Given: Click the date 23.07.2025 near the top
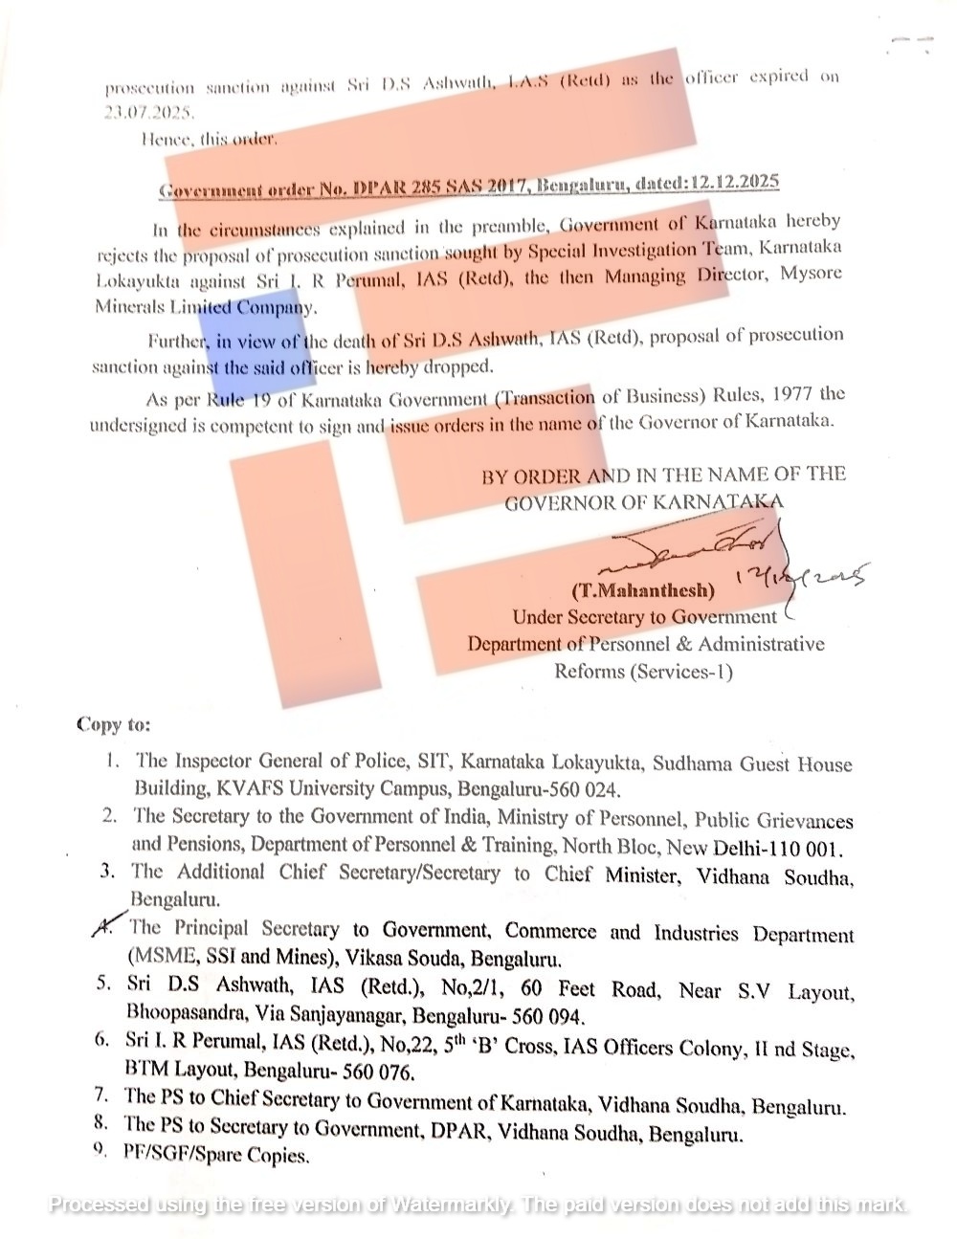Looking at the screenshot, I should pyautogui.click(x=149, y=111).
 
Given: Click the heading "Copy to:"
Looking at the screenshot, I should pyautogui.click(x=113, y=724).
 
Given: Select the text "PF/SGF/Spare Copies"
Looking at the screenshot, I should pyautogui.click(x=215, y=1155).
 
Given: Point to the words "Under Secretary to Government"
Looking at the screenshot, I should pyautogui.click(x=644, y=617).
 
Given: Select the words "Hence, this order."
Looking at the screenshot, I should pyautogui.click(x=209, y=139).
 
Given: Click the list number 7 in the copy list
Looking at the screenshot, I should pyautogui.click(x=100, y=1094).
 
